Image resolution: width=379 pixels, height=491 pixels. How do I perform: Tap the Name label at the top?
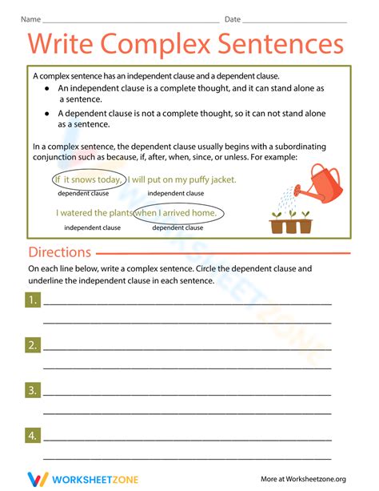point(30,18)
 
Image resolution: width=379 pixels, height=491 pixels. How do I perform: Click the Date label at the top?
point(233,18)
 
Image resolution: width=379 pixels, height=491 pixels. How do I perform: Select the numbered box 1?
point(32,300)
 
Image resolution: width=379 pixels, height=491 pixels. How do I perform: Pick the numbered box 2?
point(32,345)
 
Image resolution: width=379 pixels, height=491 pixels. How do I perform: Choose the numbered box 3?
point(32,391)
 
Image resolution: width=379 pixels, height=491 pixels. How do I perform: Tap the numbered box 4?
point(32,436)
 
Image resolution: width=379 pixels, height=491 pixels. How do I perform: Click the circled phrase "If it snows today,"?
point(88,179)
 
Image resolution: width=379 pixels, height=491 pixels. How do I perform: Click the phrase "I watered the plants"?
point(94,213)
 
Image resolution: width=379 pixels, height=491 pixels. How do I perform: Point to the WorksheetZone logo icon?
point(37,479)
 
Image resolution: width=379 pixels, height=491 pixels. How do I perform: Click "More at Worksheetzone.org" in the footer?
point(303,479)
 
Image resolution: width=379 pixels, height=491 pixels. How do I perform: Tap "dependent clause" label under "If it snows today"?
point(83,194)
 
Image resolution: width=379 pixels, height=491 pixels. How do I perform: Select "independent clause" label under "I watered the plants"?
point(92,227)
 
